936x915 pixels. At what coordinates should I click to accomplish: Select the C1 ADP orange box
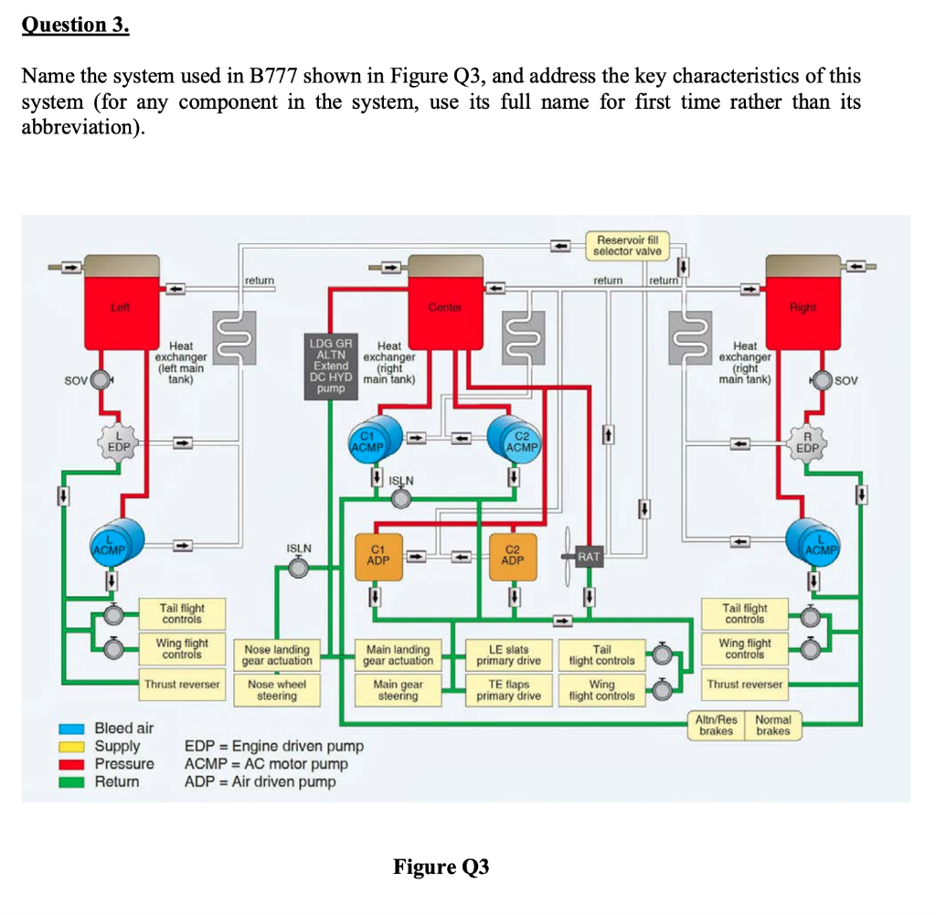pyautogui.click(x=378, y=554)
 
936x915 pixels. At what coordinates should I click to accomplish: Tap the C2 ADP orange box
pyautogui.click(x=513, y=554)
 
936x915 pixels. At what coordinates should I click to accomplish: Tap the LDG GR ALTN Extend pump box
pyautogui.click(x=331, y=365)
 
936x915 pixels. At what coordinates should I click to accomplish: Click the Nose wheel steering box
pyautogui.click(x=277, y=689)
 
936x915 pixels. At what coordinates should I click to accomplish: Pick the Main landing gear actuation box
pyautogui.click(x=398, y=654)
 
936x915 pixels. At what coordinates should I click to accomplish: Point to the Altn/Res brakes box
pyautogui.click(x=718, y=724)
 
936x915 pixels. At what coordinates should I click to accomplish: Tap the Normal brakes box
pyautogui.click(x=772, y=724)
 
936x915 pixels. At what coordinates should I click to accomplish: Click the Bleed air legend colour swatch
pyautogui.click(x=80, y=729)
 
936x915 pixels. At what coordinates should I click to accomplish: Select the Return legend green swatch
pyautogui.click(x=80, y=782)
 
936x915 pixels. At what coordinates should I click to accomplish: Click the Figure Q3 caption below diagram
pyautogui.click(x=441, y=867)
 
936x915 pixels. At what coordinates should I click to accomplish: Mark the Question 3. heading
pyautogui.click(x=76, y=25)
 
